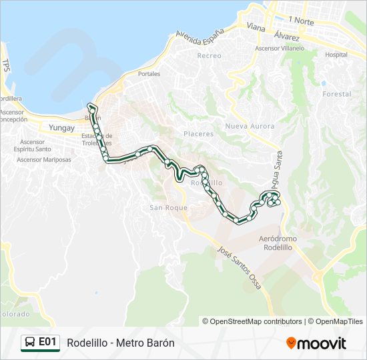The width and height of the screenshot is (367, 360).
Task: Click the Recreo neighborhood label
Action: pyautogui.click(x=209, y=55)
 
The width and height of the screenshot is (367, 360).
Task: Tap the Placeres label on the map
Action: pyautogui.click(x=198, y=134)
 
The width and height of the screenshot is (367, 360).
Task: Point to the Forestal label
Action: pyautogui.click(x=336, y=95)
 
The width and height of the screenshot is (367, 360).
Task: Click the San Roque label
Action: pyautogui.click(x=163, y=207)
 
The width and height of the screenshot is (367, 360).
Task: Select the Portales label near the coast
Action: pyautogui.click(x=149, y=74)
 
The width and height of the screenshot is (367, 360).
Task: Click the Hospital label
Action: pyautogui.click(x=336, y=55)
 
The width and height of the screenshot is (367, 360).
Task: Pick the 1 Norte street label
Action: pyautogui.click(x=302, y=21)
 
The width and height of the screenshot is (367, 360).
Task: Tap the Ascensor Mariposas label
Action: pyautogui.click(x=44, y=159)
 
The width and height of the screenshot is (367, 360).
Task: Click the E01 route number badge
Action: pyautogui.click(x=47, y=342)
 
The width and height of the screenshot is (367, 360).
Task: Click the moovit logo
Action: pyautogui.click(x=316, y=343)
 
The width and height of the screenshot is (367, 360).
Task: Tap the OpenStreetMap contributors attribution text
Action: pyautogui.click(x=257, y=321)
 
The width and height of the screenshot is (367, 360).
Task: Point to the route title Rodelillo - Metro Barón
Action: pyautogui.click(x=120, y=343)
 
